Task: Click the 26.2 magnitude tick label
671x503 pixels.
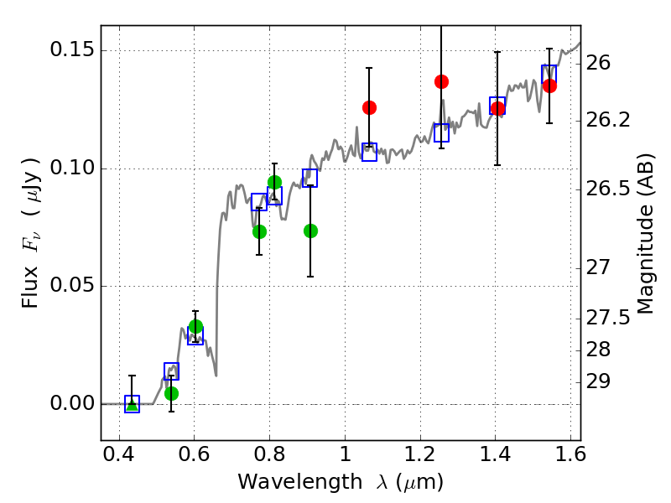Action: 610,121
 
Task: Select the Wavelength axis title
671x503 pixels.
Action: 340,482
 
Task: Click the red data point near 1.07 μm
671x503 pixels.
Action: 369,107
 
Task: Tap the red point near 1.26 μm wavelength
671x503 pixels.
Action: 442,81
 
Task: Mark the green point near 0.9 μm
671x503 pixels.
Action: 310,231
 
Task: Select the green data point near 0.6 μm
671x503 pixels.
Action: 195,326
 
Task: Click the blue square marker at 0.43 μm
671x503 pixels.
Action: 132,404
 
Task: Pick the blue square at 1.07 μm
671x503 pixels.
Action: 369,152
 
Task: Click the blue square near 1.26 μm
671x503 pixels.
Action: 442,132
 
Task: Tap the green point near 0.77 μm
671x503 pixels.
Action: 259,231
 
